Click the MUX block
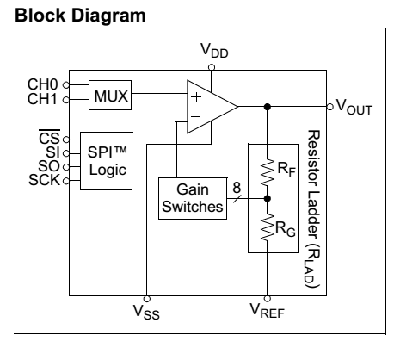click(x=110, y=95)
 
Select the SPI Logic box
click(x=107, y=161)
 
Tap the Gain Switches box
click(x=193, y=199)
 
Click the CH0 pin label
click(x=43, y=84)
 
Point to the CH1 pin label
click(x=42, y=99)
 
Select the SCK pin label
click(x=45, y=180)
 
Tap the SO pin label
click(x=49, y=166)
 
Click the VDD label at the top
click(x=214, y=51)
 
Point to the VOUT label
click(x=354, y=107)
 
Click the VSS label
click(x=146, y=312)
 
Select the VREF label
click(x=268, y=310)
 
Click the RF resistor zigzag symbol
click(x=268, y=172)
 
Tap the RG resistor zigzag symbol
click(x=268, y=227)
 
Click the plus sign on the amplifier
click(x=196, y=97)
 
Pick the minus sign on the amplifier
click(x=195, y=116)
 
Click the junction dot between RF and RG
click(x=268, y=198)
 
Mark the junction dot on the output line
click(x=268, y=107)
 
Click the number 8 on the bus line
click(x=237, y=188)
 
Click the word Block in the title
click(x=40, y=15)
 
